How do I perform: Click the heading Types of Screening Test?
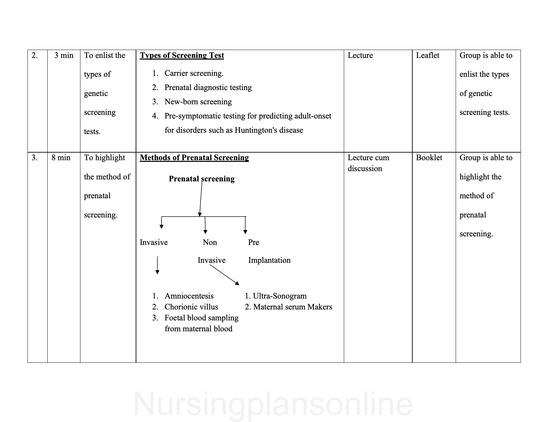point(182,56)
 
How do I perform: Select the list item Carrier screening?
point(194,73)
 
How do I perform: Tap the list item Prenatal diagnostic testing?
point(208,87)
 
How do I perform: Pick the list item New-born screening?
point(198,102)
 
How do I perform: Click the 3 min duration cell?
point(64,56)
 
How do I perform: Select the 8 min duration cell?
point(61,158)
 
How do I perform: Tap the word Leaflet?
point(428,56)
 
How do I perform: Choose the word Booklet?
point(429,158)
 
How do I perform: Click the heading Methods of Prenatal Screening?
point(194,158)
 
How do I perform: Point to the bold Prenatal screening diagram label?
point(202,179)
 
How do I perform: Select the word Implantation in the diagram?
point(269,260)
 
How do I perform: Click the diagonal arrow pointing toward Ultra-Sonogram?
point(224,275)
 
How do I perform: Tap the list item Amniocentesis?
point(189,296)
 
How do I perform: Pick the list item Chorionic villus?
point(191,307)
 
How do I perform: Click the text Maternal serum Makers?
point(293,307)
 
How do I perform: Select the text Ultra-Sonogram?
point(280,296)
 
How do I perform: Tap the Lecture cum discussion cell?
point(368,163)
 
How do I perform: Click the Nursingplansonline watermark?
point(273,404)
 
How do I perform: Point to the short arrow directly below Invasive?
point(157,265)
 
